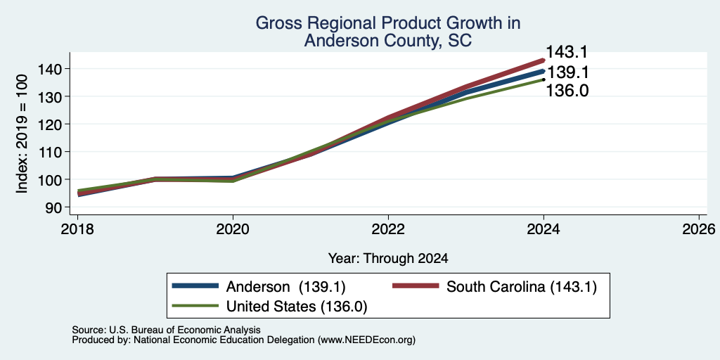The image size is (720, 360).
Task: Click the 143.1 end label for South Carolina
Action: click(566, 52)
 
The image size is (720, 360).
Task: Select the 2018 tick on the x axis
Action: click(77, 229)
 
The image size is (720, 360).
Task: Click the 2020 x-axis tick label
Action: click(233, 229)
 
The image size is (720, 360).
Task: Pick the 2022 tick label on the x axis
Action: click(388, 229)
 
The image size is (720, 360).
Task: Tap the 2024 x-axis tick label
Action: click(544, 229)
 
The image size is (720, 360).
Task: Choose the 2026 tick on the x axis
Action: click(699, 229)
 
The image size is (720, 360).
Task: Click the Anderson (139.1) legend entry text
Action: click(285, 287)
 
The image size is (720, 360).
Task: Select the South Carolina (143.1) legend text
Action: click(522, 287)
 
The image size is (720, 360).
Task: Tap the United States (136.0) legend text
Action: click(297, 307)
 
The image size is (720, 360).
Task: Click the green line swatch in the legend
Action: click(195, 305)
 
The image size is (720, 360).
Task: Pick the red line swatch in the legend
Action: click(416, 285)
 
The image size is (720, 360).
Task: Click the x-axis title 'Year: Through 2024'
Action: click(388, 259)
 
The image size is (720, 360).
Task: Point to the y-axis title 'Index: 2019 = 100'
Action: click(22, 134)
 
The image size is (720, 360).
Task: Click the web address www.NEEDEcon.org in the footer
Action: click(366, 340)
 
